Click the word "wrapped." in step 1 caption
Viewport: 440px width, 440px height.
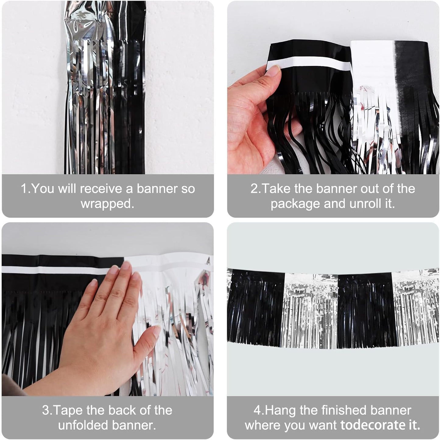point(107,204)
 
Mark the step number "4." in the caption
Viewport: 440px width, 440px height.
point(259,411)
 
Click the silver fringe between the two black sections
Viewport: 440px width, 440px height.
point(311,310)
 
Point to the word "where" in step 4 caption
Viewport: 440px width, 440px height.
point(262,425)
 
